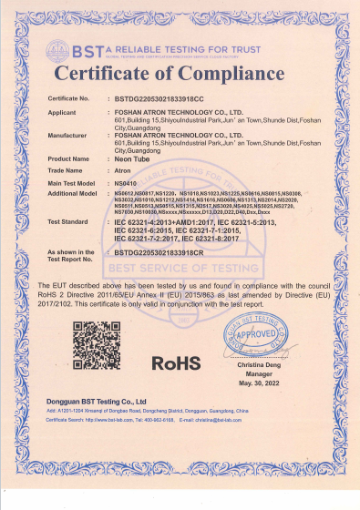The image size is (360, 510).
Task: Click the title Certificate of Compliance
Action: [180, 73]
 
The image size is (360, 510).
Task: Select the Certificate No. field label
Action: [68, 97]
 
